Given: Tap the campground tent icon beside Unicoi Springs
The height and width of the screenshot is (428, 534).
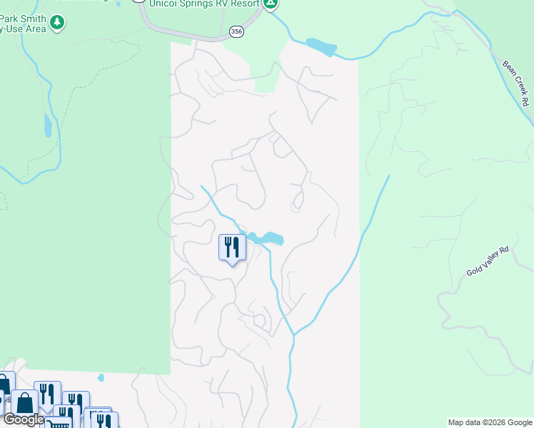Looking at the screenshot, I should click(271, 4).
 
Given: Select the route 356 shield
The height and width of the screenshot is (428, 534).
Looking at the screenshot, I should click(236, 31).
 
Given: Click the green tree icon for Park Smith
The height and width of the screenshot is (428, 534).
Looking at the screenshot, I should click(57, 24).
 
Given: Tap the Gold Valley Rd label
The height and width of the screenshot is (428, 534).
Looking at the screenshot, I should click(488, 261).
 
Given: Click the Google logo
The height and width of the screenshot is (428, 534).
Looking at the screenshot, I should click(24, 419).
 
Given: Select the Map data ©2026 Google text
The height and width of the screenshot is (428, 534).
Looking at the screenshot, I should click(490, 422).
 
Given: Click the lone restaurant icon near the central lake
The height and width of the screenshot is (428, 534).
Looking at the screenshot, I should click(232, 248).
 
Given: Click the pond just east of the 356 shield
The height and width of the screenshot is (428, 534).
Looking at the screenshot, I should click(321, 47).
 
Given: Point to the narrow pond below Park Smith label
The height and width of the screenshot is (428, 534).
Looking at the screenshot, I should click(48, 126).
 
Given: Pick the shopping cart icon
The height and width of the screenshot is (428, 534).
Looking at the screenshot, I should click(59, 424).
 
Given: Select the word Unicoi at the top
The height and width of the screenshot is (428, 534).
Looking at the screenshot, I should click(166, 4).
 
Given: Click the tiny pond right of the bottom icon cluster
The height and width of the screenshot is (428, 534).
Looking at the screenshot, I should click(101, 377).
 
